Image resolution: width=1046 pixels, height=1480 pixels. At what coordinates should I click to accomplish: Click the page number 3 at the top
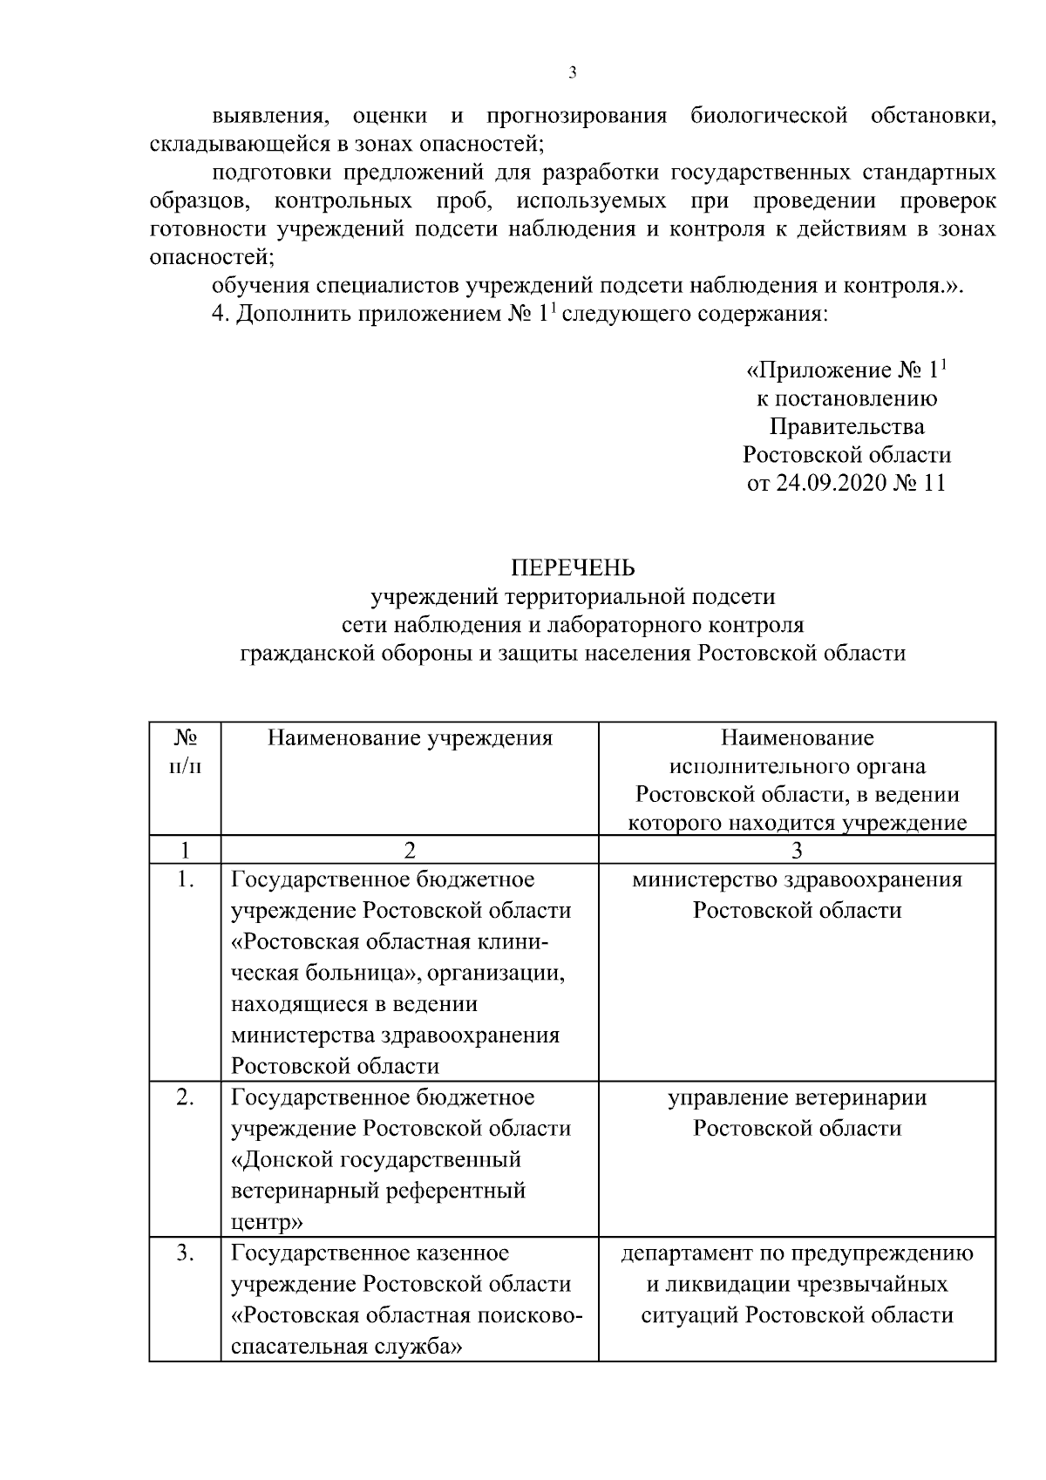(573, 73)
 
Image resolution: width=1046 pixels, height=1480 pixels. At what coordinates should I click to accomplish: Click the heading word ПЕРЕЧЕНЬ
(573, 568)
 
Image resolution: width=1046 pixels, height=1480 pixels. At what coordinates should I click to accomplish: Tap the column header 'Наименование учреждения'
(410, 739)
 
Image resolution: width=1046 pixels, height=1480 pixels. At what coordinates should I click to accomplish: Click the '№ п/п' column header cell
(184, 752)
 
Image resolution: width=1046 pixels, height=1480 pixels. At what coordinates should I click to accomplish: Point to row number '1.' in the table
(184, 879)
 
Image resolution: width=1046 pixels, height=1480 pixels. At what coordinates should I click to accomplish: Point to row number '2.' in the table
(184, 1097)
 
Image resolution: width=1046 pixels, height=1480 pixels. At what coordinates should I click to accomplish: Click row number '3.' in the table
(184, 1253)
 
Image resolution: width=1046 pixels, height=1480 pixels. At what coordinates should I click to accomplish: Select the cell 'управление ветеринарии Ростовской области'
(797, 1113)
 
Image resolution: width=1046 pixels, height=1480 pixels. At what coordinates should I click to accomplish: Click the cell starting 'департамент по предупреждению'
(797, 1284)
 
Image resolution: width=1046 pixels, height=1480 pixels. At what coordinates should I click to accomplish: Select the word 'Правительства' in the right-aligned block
(846, 427)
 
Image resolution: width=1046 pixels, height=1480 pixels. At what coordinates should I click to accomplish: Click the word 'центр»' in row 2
(267, 1222)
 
